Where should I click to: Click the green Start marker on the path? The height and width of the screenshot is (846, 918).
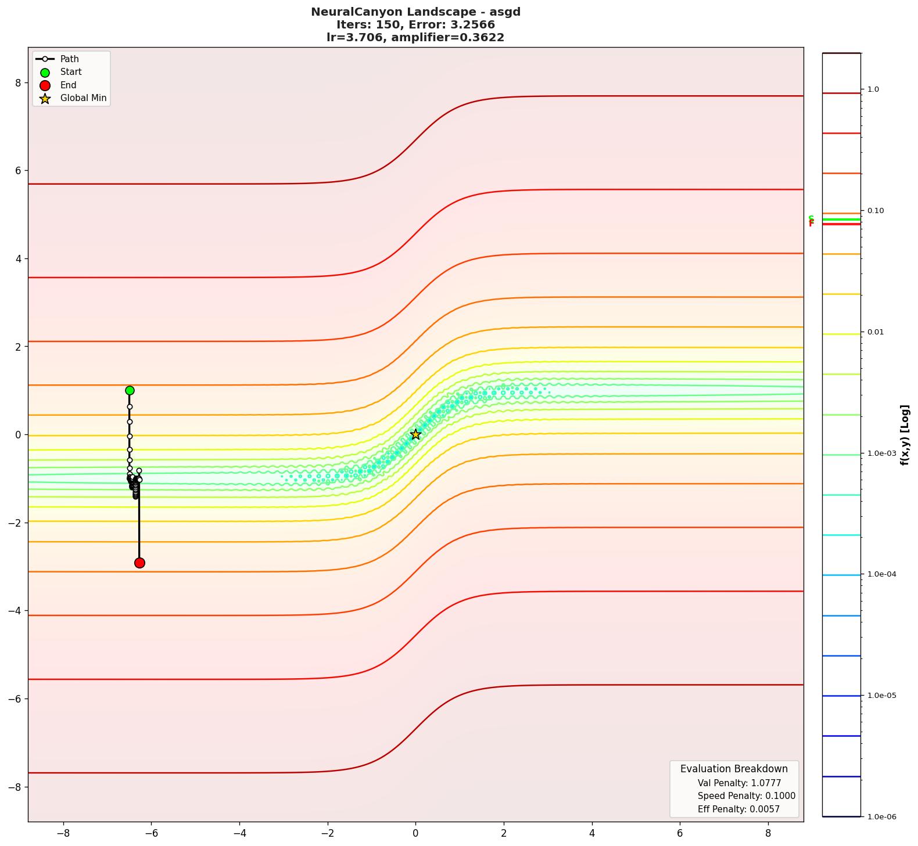130,391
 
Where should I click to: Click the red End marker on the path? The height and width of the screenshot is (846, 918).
139,563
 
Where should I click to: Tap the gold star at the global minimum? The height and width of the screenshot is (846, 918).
415,434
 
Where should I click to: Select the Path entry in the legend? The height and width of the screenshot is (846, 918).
69,59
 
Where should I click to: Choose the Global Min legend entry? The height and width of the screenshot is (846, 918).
83,98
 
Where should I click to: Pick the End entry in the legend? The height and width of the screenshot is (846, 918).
68,85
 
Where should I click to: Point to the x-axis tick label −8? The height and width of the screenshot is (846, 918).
63,833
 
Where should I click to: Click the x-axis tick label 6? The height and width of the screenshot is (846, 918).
680,833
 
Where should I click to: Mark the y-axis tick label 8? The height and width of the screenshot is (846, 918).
18,83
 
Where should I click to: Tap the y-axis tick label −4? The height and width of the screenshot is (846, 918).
15,611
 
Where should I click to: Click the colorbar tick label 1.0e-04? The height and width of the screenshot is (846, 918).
881,574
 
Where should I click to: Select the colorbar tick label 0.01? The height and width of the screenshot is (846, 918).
876,332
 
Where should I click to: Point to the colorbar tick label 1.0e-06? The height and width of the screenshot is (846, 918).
881,817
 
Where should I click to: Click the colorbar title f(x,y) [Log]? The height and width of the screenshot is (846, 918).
905,435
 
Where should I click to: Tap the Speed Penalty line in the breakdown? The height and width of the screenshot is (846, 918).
746,796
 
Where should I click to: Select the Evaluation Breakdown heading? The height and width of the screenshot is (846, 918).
734,769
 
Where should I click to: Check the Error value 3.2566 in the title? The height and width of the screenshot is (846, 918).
475,25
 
